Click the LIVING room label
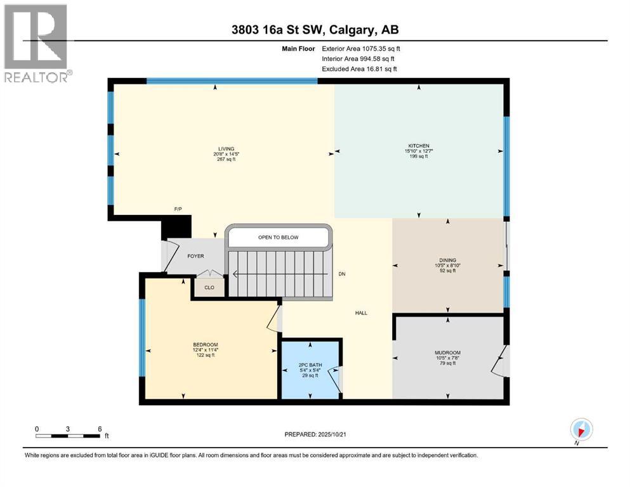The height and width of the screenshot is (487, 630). point(223,149)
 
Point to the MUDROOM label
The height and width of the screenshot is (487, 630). point(447,353)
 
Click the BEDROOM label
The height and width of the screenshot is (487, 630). point(205,345)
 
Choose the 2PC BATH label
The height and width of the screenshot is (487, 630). point(310,365)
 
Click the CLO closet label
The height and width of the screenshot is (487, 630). point(209,287)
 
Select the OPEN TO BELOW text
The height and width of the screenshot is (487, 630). point(278,238)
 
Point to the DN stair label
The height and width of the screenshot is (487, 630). point(341,274)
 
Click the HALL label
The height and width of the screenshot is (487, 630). point(360,313)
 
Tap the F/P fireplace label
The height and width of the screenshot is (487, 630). point(178,208)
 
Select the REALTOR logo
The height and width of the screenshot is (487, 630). point(36,43)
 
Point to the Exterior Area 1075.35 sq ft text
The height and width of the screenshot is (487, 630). point(361,48)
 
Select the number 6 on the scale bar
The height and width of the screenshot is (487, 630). point(100,429)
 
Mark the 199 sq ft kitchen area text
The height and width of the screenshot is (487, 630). point(417,156)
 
